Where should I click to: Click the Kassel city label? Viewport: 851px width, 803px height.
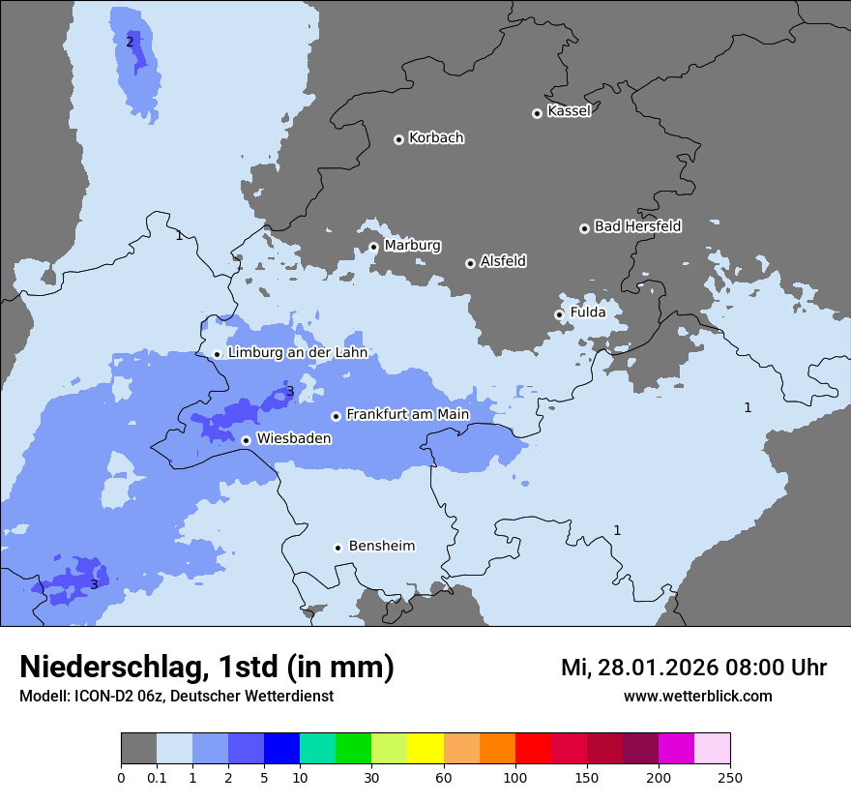(569, 111)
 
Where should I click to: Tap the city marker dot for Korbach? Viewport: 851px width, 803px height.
(398, 139)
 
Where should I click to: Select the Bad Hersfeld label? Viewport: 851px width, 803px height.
(637, 226)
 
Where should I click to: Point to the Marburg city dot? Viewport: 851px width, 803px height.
(374, 247)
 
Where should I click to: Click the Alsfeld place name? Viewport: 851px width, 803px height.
(503, 261)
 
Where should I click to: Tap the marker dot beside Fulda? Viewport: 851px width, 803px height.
(559, 314)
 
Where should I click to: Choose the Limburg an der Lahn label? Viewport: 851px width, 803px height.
(297, 353)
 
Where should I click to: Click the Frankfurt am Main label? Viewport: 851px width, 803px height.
(407, 414)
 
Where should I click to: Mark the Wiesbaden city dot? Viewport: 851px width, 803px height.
(247, 440)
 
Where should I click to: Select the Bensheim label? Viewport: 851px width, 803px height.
(381, 546)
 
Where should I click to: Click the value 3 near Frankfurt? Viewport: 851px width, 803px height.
(289, 392)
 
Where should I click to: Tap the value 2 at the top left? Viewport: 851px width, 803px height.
(130, 42)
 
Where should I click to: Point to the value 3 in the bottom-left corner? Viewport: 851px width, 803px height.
(94, 584)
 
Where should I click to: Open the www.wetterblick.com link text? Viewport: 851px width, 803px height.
(697, 697)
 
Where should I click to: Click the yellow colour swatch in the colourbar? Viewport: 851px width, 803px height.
(425, 749)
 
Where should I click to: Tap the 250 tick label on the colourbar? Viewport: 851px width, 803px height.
(730, 778)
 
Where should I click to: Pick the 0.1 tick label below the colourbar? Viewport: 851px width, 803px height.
(157, 778)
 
